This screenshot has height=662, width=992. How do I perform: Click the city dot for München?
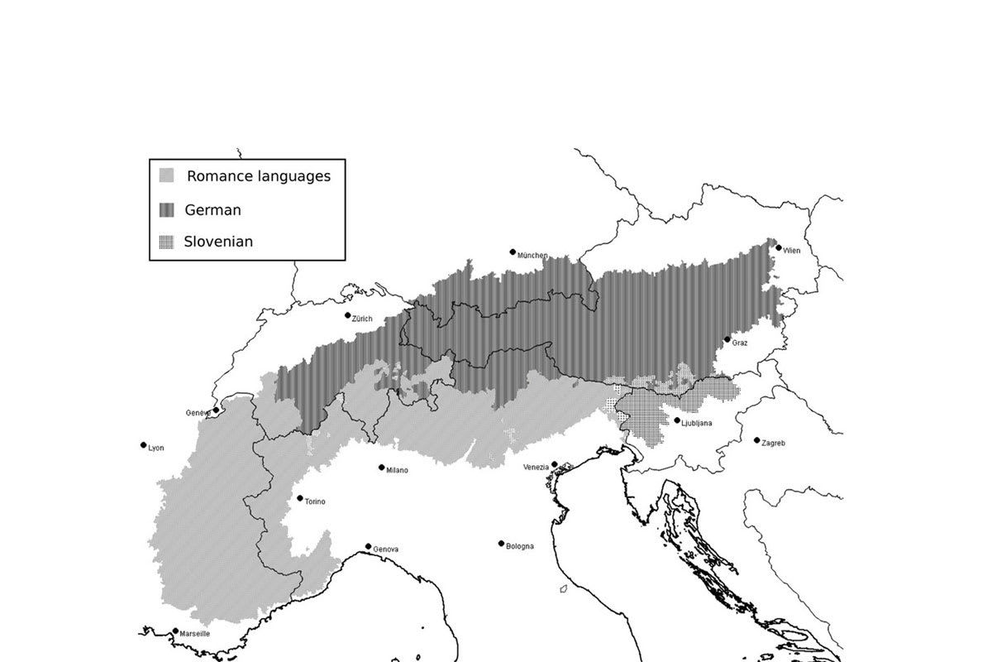pos(513,252)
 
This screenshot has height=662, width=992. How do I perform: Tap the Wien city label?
pos(792,249)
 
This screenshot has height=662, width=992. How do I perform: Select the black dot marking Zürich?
pos(348,315)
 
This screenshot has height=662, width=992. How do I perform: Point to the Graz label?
pos(740,343)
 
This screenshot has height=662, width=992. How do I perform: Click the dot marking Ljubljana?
pos(678,420)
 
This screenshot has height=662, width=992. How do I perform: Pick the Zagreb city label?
pos(774,443)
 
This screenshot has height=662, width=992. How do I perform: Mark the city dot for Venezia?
pos(555,464)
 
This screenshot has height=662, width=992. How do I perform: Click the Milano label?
pos(397,470)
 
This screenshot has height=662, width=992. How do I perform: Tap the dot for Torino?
pos(300,498)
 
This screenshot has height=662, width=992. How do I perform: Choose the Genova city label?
pos(386,549)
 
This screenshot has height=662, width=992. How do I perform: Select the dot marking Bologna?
pos(501,544)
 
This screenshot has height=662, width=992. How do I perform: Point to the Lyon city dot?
pos(144,445)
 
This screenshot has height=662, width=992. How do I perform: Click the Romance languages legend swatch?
pos(167,175)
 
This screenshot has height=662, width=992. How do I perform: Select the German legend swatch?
pos(167,210)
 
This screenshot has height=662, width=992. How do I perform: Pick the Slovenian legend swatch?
pos(167,242)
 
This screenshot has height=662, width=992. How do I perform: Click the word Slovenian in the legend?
pos(218,242)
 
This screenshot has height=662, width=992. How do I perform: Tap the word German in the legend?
pos(213,210)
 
